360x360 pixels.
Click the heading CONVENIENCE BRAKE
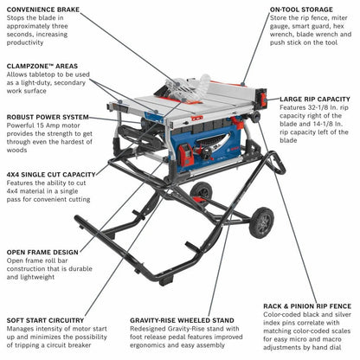click(43, 11)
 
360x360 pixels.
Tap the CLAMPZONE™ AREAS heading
click(42, 67)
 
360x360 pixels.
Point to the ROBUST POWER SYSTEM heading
click(48, 117)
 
